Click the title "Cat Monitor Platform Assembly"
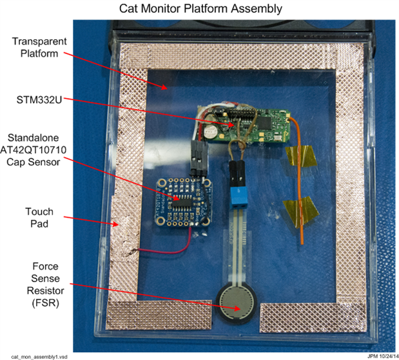click(199, 9)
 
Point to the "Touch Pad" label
click(39, 218)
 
